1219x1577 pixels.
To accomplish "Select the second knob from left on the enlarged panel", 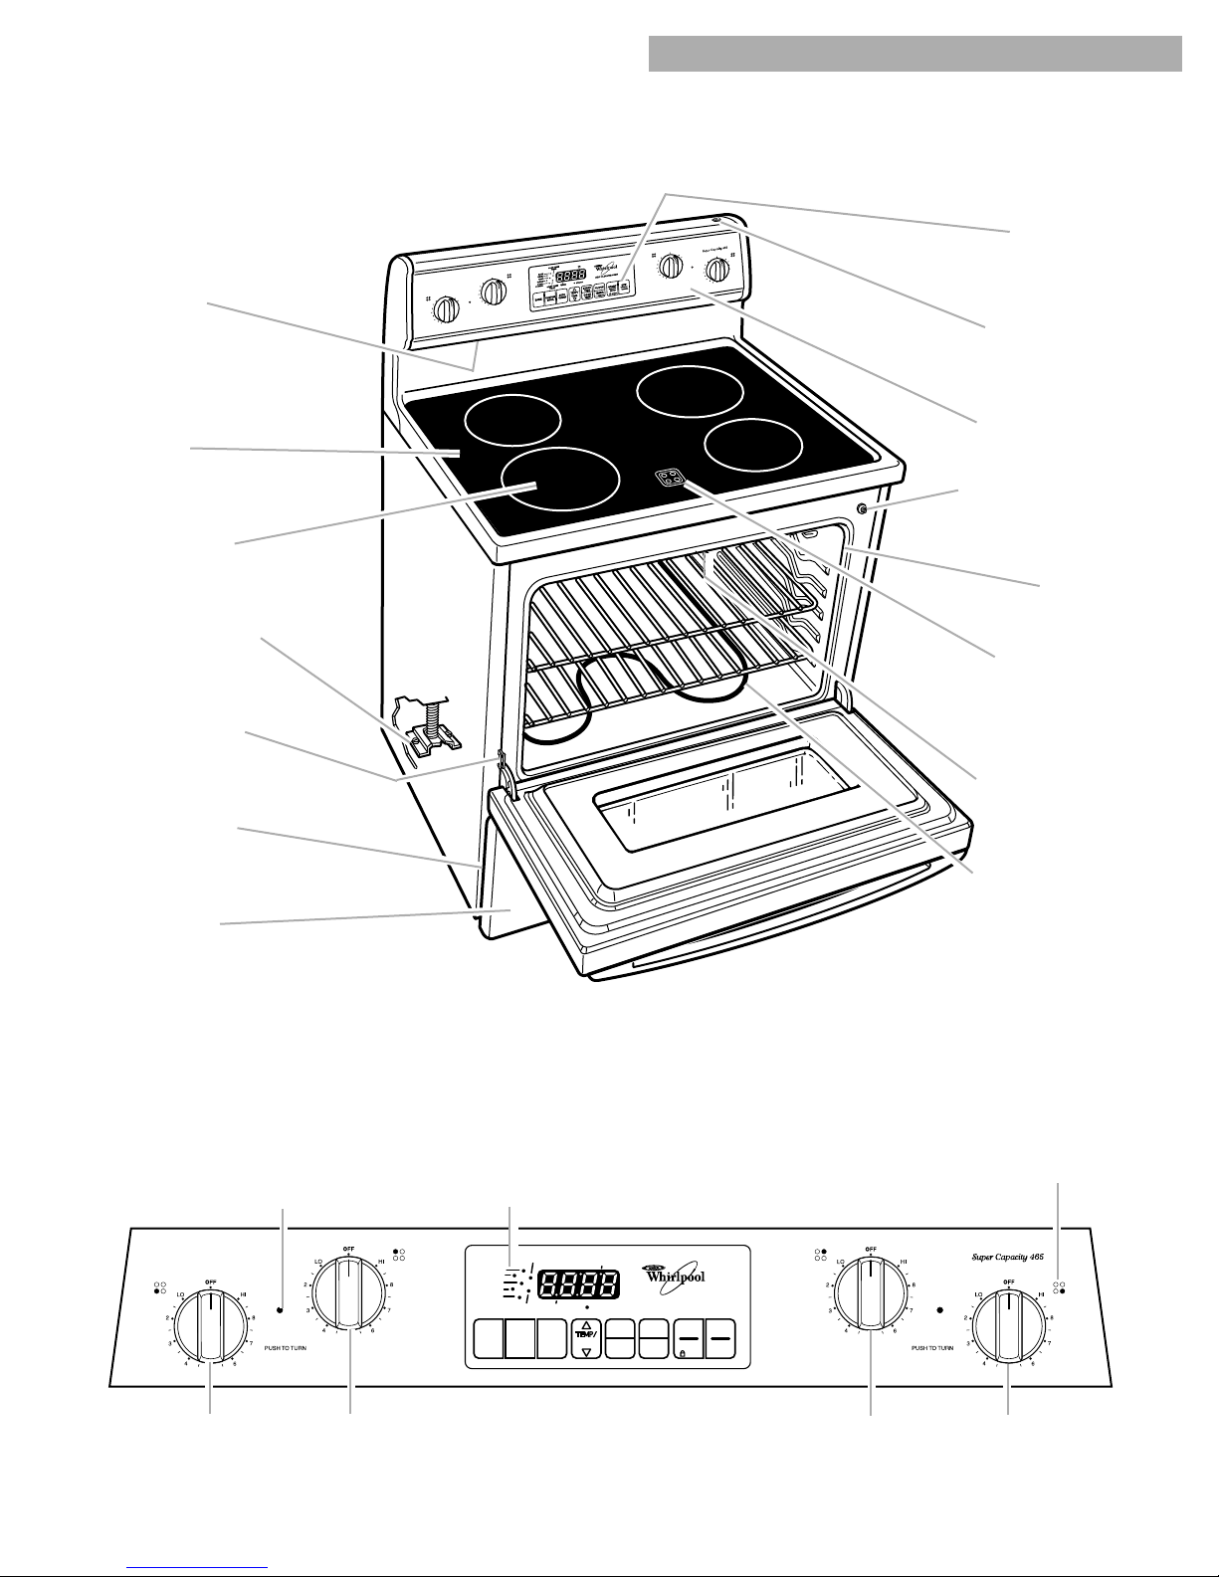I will point(349,1292).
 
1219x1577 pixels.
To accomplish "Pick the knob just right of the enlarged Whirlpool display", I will point(871,1293).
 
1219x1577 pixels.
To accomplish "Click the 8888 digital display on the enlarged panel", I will point(575,1283).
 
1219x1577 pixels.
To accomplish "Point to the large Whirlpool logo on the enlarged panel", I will point(677,1276).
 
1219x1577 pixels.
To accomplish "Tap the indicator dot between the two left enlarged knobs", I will point(282,1310).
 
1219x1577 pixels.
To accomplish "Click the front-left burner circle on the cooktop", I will point(559,479).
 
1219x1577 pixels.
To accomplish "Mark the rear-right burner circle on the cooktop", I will point(690,392).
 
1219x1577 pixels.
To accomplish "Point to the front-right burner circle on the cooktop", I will point(752,445).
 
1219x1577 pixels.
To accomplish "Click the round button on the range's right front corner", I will point(862,510).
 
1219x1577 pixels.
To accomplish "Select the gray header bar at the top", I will point(914,55).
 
